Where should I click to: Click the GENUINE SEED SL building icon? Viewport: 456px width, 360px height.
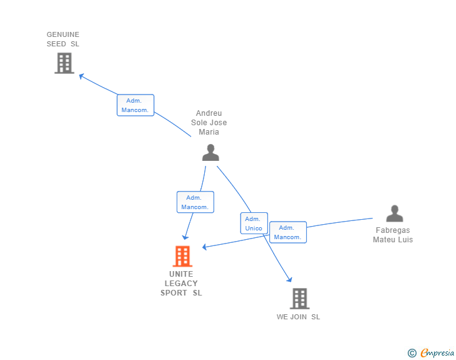(x=64, y=63)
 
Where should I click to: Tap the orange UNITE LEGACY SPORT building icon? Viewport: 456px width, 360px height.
(x=182, y=256)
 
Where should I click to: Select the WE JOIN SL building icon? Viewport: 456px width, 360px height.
(x=299, y=299)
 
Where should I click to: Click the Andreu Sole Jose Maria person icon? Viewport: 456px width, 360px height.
(x=210, y=152)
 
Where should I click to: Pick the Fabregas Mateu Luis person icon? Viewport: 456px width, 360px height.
(x=395, y=213)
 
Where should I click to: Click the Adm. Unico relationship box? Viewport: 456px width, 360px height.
(x=254, y=224)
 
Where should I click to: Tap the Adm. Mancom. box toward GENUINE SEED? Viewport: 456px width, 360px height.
(x=135, y=105)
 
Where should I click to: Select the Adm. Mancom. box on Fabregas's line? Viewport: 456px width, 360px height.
(x=288, y=232)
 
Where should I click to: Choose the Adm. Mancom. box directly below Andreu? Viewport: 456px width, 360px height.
(x=195, y=202)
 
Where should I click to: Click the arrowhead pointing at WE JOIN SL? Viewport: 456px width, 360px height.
(x=289, y=279)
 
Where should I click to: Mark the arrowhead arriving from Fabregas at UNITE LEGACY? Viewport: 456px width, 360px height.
(x=205, y=247)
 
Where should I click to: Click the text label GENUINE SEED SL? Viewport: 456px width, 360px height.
(x=63, y=39)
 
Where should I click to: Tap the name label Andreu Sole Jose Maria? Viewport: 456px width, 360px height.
(x=209, y=123)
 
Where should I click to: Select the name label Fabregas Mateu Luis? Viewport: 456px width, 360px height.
(x=393, y=235)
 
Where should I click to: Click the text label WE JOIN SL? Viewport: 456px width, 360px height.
(x=298, y=317)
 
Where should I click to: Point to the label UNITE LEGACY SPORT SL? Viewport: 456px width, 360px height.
(x=181, y=284)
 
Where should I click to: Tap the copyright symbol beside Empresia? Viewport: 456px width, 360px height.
(x=412, y=353)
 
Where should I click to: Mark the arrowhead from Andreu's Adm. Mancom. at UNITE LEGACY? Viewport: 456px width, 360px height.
(x=185, y=237)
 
